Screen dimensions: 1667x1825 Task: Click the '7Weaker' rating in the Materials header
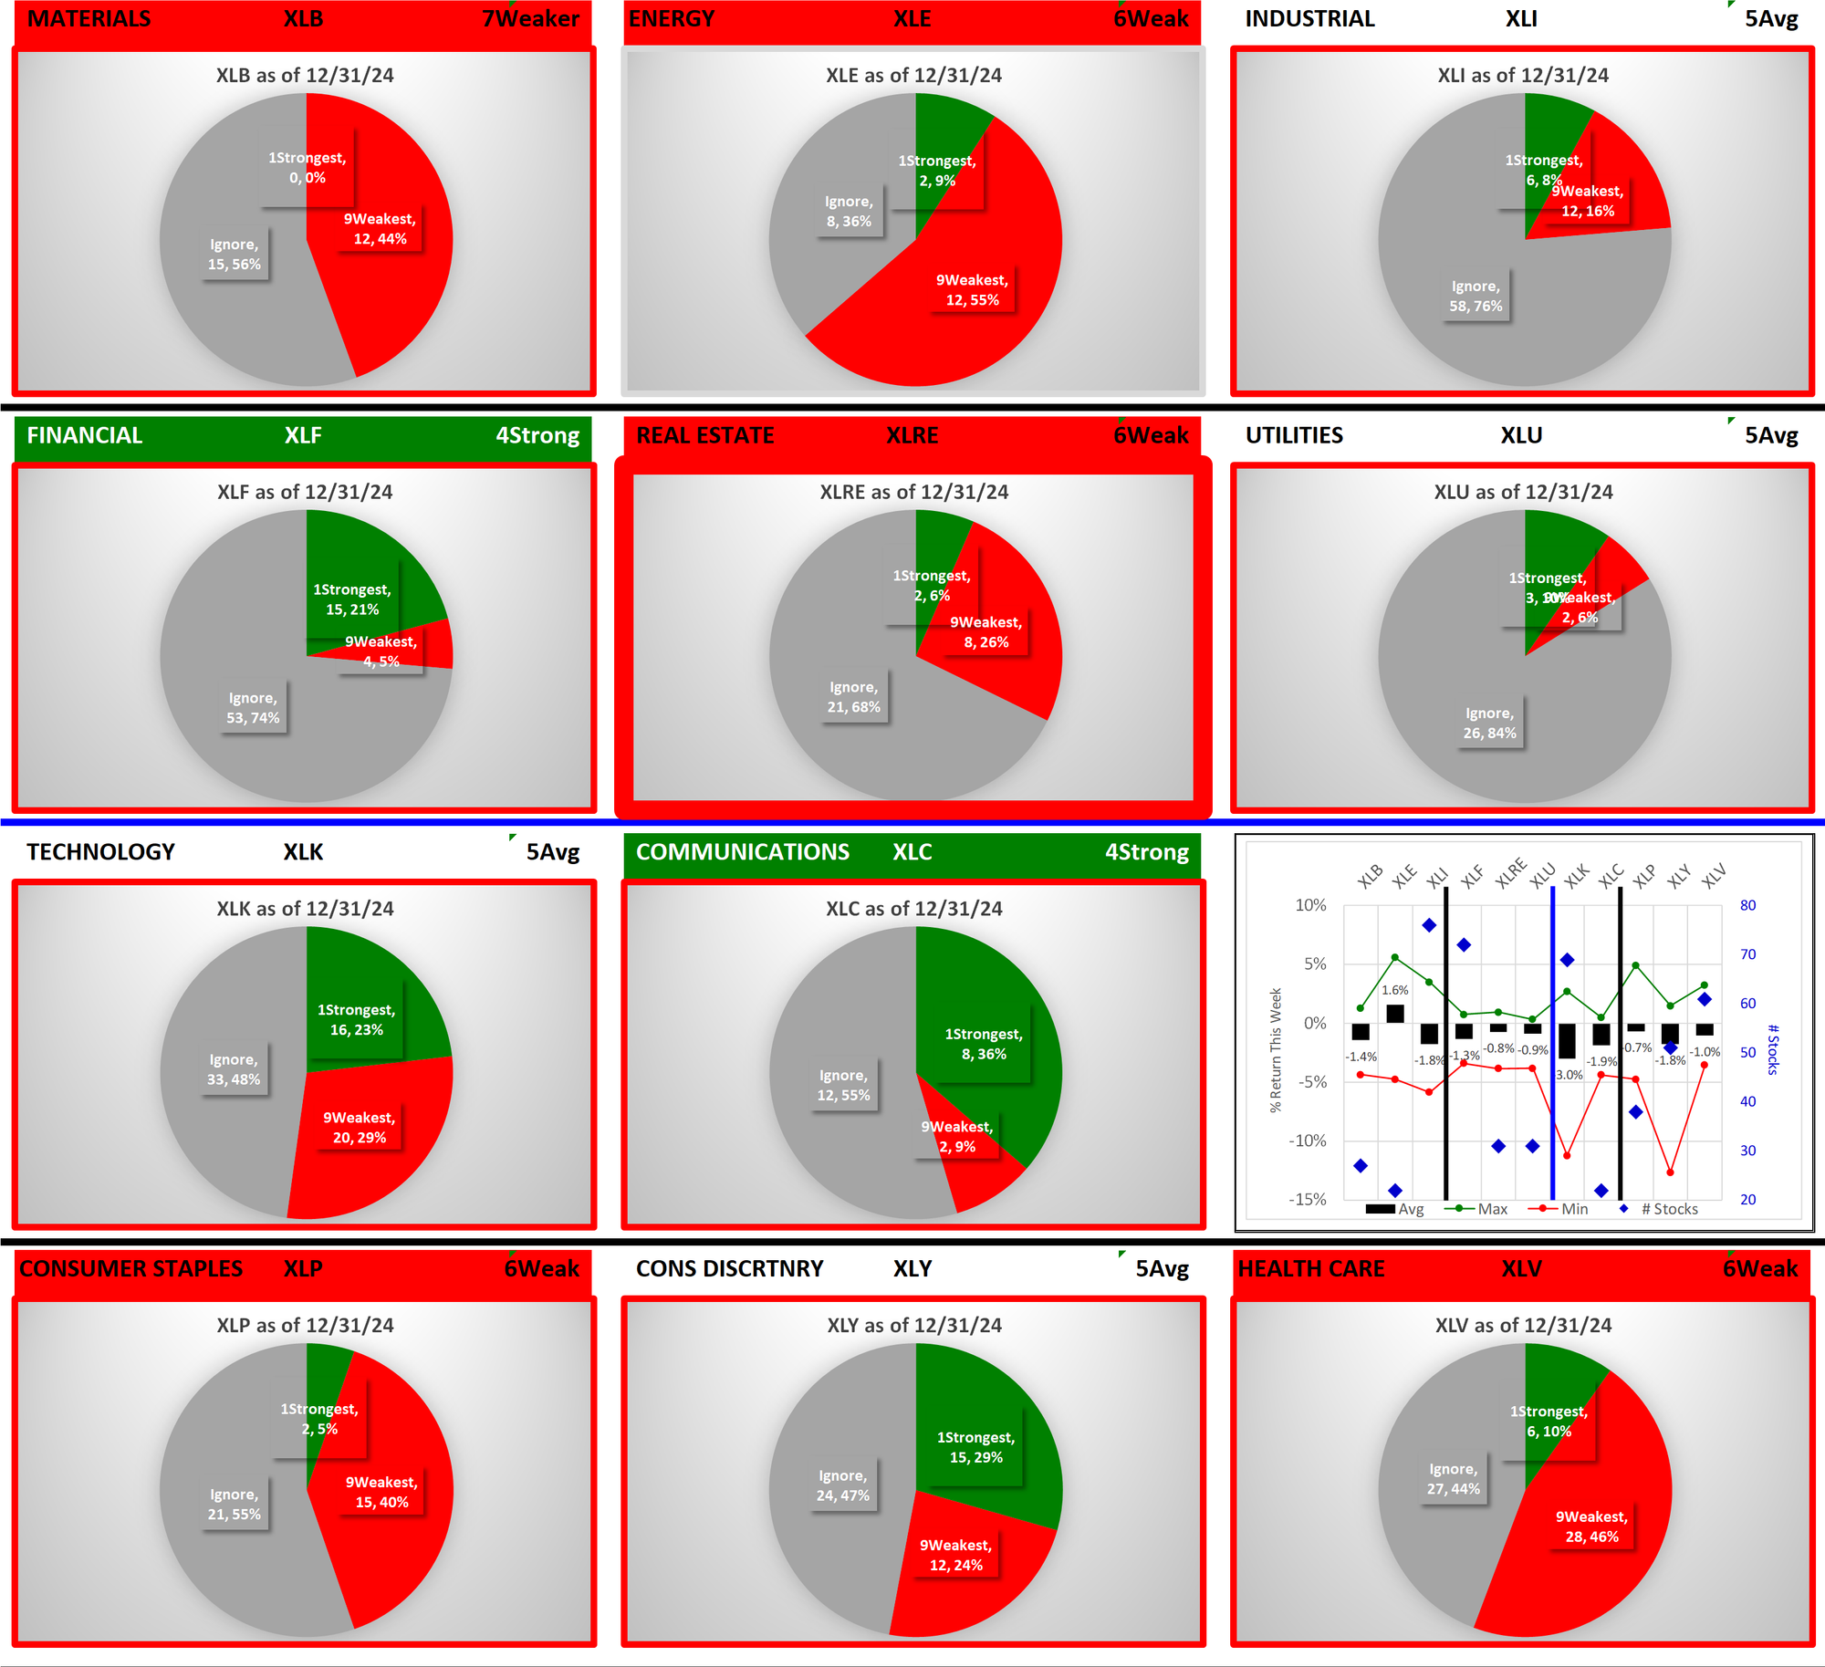[x=530, y=19]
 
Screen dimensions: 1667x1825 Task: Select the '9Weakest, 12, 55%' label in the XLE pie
[x=972, y=290]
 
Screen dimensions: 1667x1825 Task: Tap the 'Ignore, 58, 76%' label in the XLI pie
[x=1476, y=297]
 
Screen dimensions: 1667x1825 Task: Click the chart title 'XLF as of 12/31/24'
[x=305, y=492]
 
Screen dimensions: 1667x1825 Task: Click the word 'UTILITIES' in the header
[x=1294, y=435]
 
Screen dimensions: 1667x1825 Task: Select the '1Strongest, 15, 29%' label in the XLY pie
[x=975, y=1447]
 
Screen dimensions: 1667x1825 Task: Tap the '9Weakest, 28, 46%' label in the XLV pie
[x=1591, y=1526]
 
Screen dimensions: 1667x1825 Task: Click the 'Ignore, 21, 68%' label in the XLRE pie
[x=853, y=697]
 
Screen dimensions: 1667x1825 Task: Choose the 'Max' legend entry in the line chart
[x=1492, y=1209]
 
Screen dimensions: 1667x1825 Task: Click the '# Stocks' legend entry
[x=1669, y=1209]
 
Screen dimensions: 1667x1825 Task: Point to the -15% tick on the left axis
[x=1307, y=1199]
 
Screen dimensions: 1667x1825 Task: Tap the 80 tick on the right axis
[x=1747, y=905]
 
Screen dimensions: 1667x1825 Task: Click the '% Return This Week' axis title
[x=1276, y=1049]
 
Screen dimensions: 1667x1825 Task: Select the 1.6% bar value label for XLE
[x=1394, y=990]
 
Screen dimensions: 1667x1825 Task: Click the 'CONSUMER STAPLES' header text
[x=131, y=1268]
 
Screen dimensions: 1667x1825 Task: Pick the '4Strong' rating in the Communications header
[x=1146, y=852]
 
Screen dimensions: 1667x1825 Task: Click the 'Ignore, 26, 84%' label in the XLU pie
[x=1489, y=724]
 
